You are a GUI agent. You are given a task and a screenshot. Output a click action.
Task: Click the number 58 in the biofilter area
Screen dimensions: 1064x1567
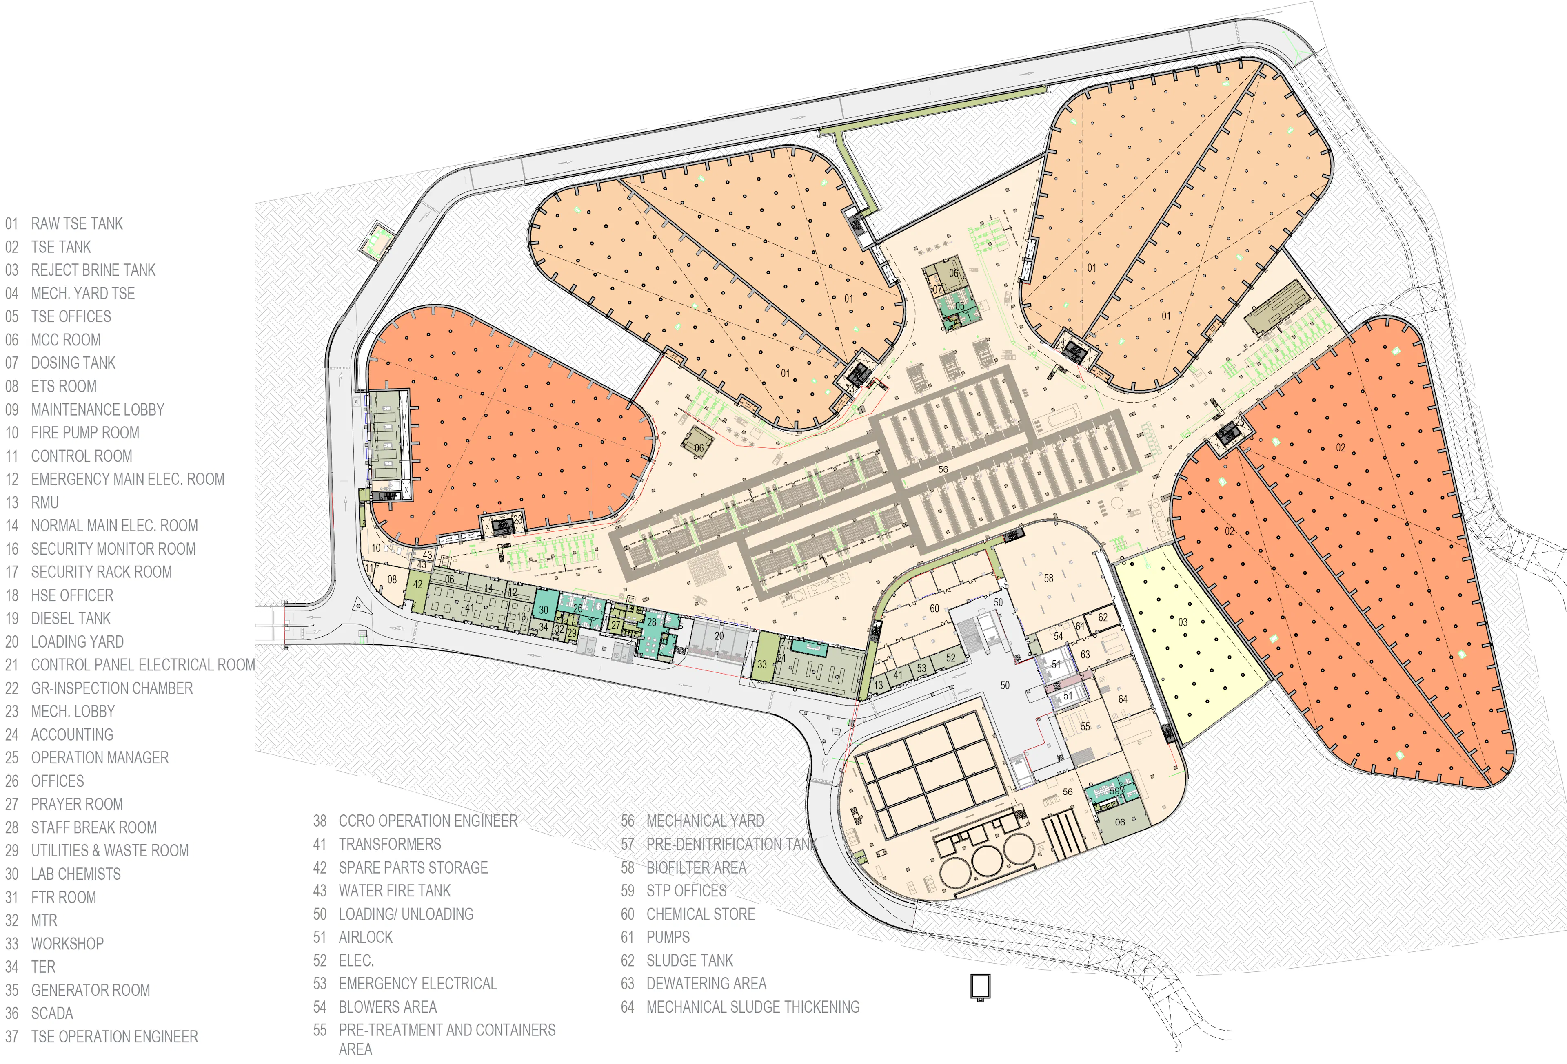coord(1048,578)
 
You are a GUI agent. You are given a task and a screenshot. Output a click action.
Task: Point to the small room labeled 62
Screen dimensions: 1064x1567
coord(1103,617)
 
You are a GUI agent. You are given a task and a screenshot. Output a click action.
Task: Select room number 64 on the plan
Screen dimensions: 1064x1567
coord(1123,699)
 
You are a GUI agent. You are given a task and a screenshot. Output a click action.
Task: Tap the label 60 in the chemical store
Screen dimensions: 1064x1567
coord(934,608)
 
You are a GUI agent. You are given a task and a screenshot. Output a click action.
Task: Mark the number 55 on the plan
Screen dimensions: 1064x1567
coord(1085,726)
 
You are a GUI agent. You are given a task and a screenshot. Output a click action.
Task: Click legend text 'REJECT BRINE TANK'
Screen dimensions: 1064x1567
coord(93,270)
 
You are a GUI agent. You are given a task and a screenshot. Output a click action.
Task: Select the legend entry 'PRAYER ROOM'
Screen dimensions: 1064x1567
coord(77,804)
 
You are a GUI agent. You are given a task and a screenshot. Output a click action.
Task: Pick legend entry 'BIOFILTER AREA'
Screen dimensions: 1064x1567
coord(696,868)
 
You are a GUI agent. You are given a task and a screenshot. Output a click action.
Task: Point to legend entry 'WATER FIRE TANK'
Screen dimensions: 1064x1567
coord(395,891)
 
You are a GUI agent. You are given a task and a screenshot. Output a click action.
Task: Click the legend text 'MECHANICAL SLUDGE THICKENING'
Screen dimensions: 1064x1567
coord(752,1007)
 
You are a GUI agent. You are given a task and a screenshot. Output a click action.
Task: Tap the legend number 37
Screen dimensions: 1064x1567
coord(12,1036)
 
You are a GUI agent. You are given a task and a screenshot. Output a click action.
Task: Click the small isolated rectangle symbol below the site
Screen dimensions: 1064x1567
coord(980,987)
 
